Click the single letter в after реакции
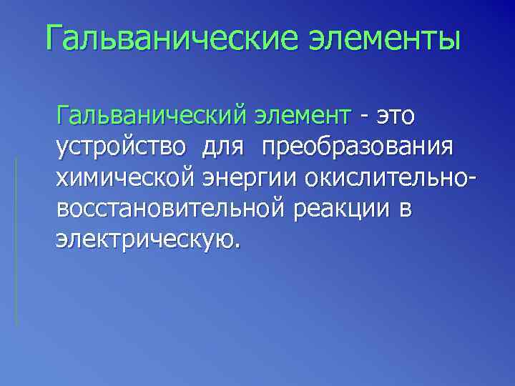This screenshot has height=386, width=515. [x=408, y=211]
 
